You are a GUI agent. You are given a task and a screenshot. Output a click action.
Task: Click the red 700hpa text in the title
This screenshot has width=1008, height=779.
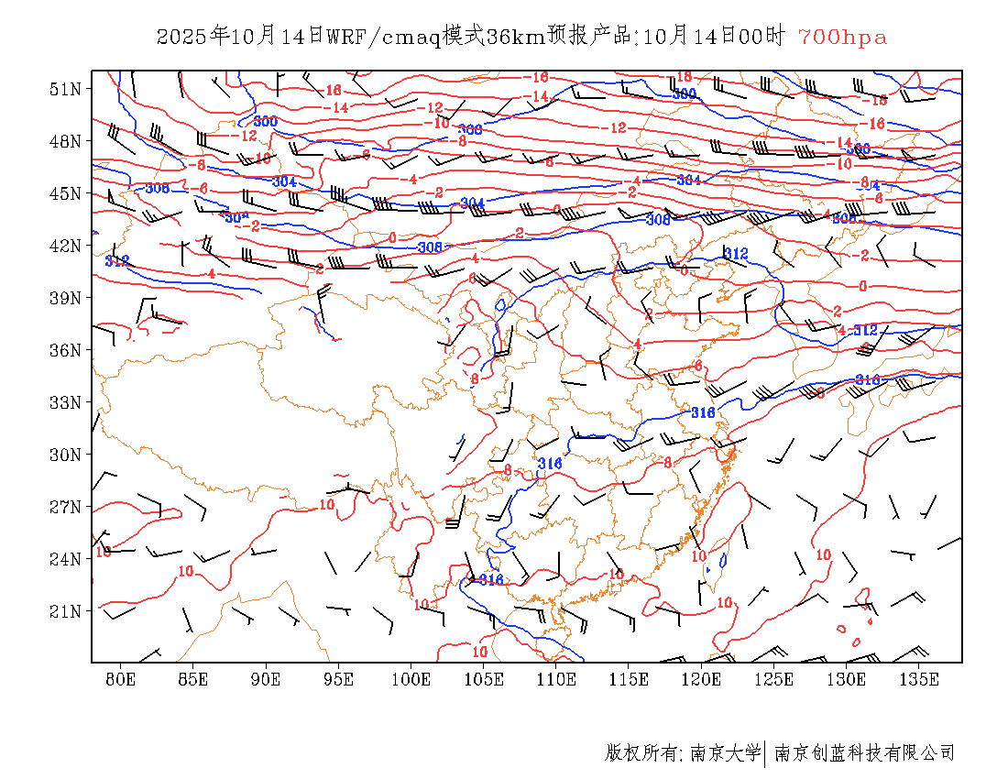click(842, 37)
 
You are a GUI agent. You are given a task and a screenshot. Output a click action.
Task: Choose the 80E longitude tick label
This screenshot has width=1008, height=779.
click(121, 679)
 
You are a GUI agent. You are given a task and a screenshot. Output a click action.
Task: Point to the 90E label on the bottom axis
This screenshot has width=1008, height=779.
click(266, 679)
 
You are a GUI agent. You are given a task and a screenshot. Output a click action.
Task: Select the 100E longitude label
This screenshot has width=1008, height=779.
click(411, 679)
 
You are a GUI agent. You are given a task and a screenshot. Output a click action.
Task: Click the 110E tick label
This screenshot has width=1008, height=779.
click(556, 679)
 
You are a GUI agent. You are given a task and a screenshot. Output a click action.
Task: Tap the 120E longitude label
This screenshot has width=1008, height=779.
click(701, 679)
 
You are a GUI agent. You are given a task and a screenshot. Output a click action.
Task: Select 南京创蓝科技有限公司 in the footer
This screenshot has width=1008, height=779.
click(864, 753)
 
